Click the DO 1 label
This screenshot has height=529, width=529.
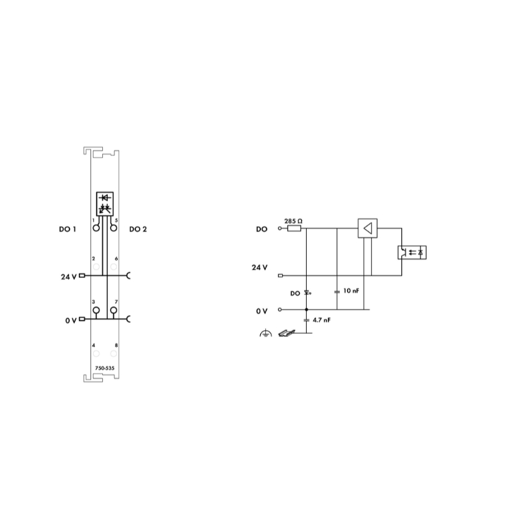pos(68,229)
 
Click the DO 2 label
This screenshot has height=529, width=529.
pos(138,229)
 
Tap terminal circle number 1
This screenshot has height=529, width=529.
pos(96,228)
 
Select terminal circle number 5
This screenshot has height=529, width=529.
pos(114,228)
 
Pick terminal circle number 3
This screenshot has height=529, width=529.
pos(96,310)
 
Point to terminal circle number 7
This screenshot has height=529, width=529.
pos(114,310)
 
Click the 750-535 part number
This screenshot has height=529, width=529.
pos(104,368)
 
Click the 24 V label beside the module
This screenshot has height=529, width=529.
pos(69,277)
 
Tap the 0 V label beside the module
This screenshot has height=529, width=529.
pos(71,320)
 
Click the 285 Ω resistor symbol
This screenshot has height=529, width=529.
pos(294,229)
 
